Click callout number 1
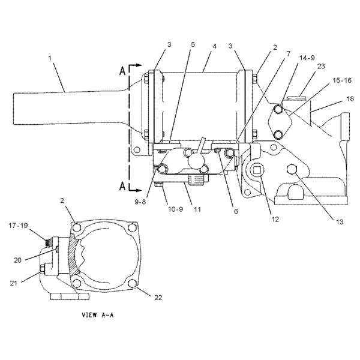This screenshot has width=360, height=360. pos(50,58)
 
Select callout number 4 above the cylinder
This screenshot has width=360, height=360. pos(214,46)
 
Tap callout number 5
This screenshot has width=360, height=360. pos(193,44)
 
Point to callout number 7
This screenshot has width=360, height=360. pos(289,54)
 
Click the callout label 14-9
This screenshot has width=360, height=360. pos(307,58)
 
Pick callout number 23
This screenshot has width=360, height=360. pos(321,66)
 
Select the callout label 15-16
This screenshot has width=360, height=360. pos(342,80)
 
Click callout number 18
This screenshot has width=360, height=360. pos(350,99)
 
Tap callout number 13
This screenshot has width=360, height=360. pos(340,222)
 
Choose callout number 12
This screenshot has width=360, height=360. pos(275,219)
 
